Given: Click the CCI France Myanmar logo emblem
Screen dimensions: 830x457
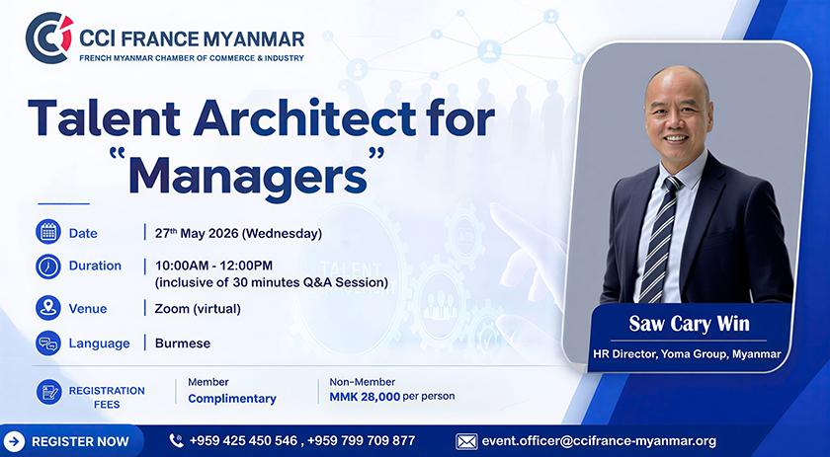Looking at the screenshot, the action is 49,38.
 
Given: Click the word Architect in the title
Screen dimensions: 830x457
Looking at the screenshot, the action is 305,118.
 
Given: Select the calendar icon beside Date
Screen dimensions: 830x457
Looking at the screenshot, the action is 48,232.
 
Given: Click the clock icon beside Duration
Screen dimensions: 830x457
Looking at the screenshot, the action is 48,266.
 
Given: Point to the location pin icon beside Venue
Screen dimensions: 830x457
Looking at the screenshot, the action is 48,308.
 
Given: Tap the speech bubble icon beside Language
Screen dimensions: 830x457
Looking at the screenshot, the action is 48,343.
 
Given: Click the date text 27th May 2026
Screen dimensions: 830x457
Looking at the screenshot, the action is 196,233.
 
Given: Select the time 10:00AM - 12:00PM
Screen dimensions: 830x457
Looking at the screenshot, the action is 213,265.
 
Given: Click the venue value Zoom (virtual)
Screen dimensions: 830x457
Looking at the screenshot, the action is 198,309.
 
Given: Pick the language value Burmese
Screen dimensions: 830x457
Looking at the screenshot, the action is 183,343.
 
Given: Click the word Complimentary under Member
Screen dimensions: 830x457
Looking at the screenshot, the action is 232,399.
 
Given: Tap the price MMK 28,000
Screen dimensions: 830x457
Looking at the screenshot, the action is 365,397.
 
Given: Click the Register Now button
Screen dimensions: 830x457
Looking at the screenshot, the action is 72,441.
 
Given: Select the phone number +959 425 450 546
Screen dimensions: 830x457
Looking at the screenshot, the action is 243,440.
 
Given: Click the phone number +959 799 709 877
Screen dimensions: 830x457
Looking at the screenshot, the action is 361,440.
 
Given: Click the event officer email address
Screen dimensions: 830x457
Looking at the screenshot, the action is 599,441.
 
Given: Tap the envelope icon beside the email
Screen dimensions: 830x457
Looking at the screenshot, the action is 466,441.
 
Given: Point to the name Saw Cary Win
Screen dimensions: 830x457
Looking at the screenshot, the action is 689,323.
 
